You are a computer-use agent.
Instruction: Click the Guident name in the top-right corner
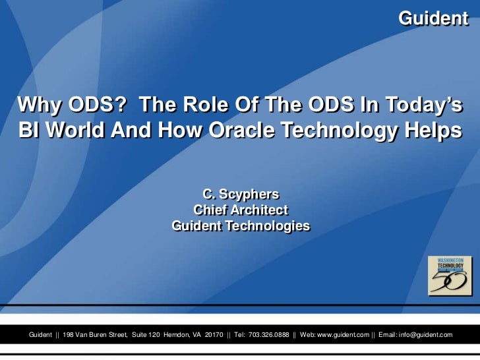pyautogui.click(x=433, y=18)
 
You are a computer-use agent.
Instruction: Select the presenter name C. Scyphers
pyautogui.click(x=240, y=195)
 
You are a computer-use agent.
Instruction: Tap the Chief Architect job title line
pyautogui.click(x=240, y=210)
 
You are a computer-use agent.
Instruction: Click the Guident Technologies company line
pyautogui.click(x=240, y=225)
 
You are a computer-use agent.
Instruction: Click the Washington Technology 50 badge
pyautogui.click(x=450, y=275)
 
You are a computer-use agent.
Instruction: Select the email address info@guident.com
pyautogui.click(x=426, y=335)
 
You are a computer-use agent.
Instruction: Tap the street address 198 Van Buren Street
pyautogui.click(x=95, y=335)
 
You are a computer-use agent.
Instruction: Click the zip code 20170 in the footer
pyautogui.click(x=214, y=335)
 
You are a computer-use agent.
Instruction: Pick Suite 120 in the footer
pyautogui.click(x=146, y=335)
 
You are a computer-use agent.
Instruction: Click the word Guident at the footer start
pyautogui.click(x=40, y=335)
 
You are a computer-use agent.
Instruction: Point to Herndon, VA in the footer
pyautogui.click(x=182, y=335)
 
